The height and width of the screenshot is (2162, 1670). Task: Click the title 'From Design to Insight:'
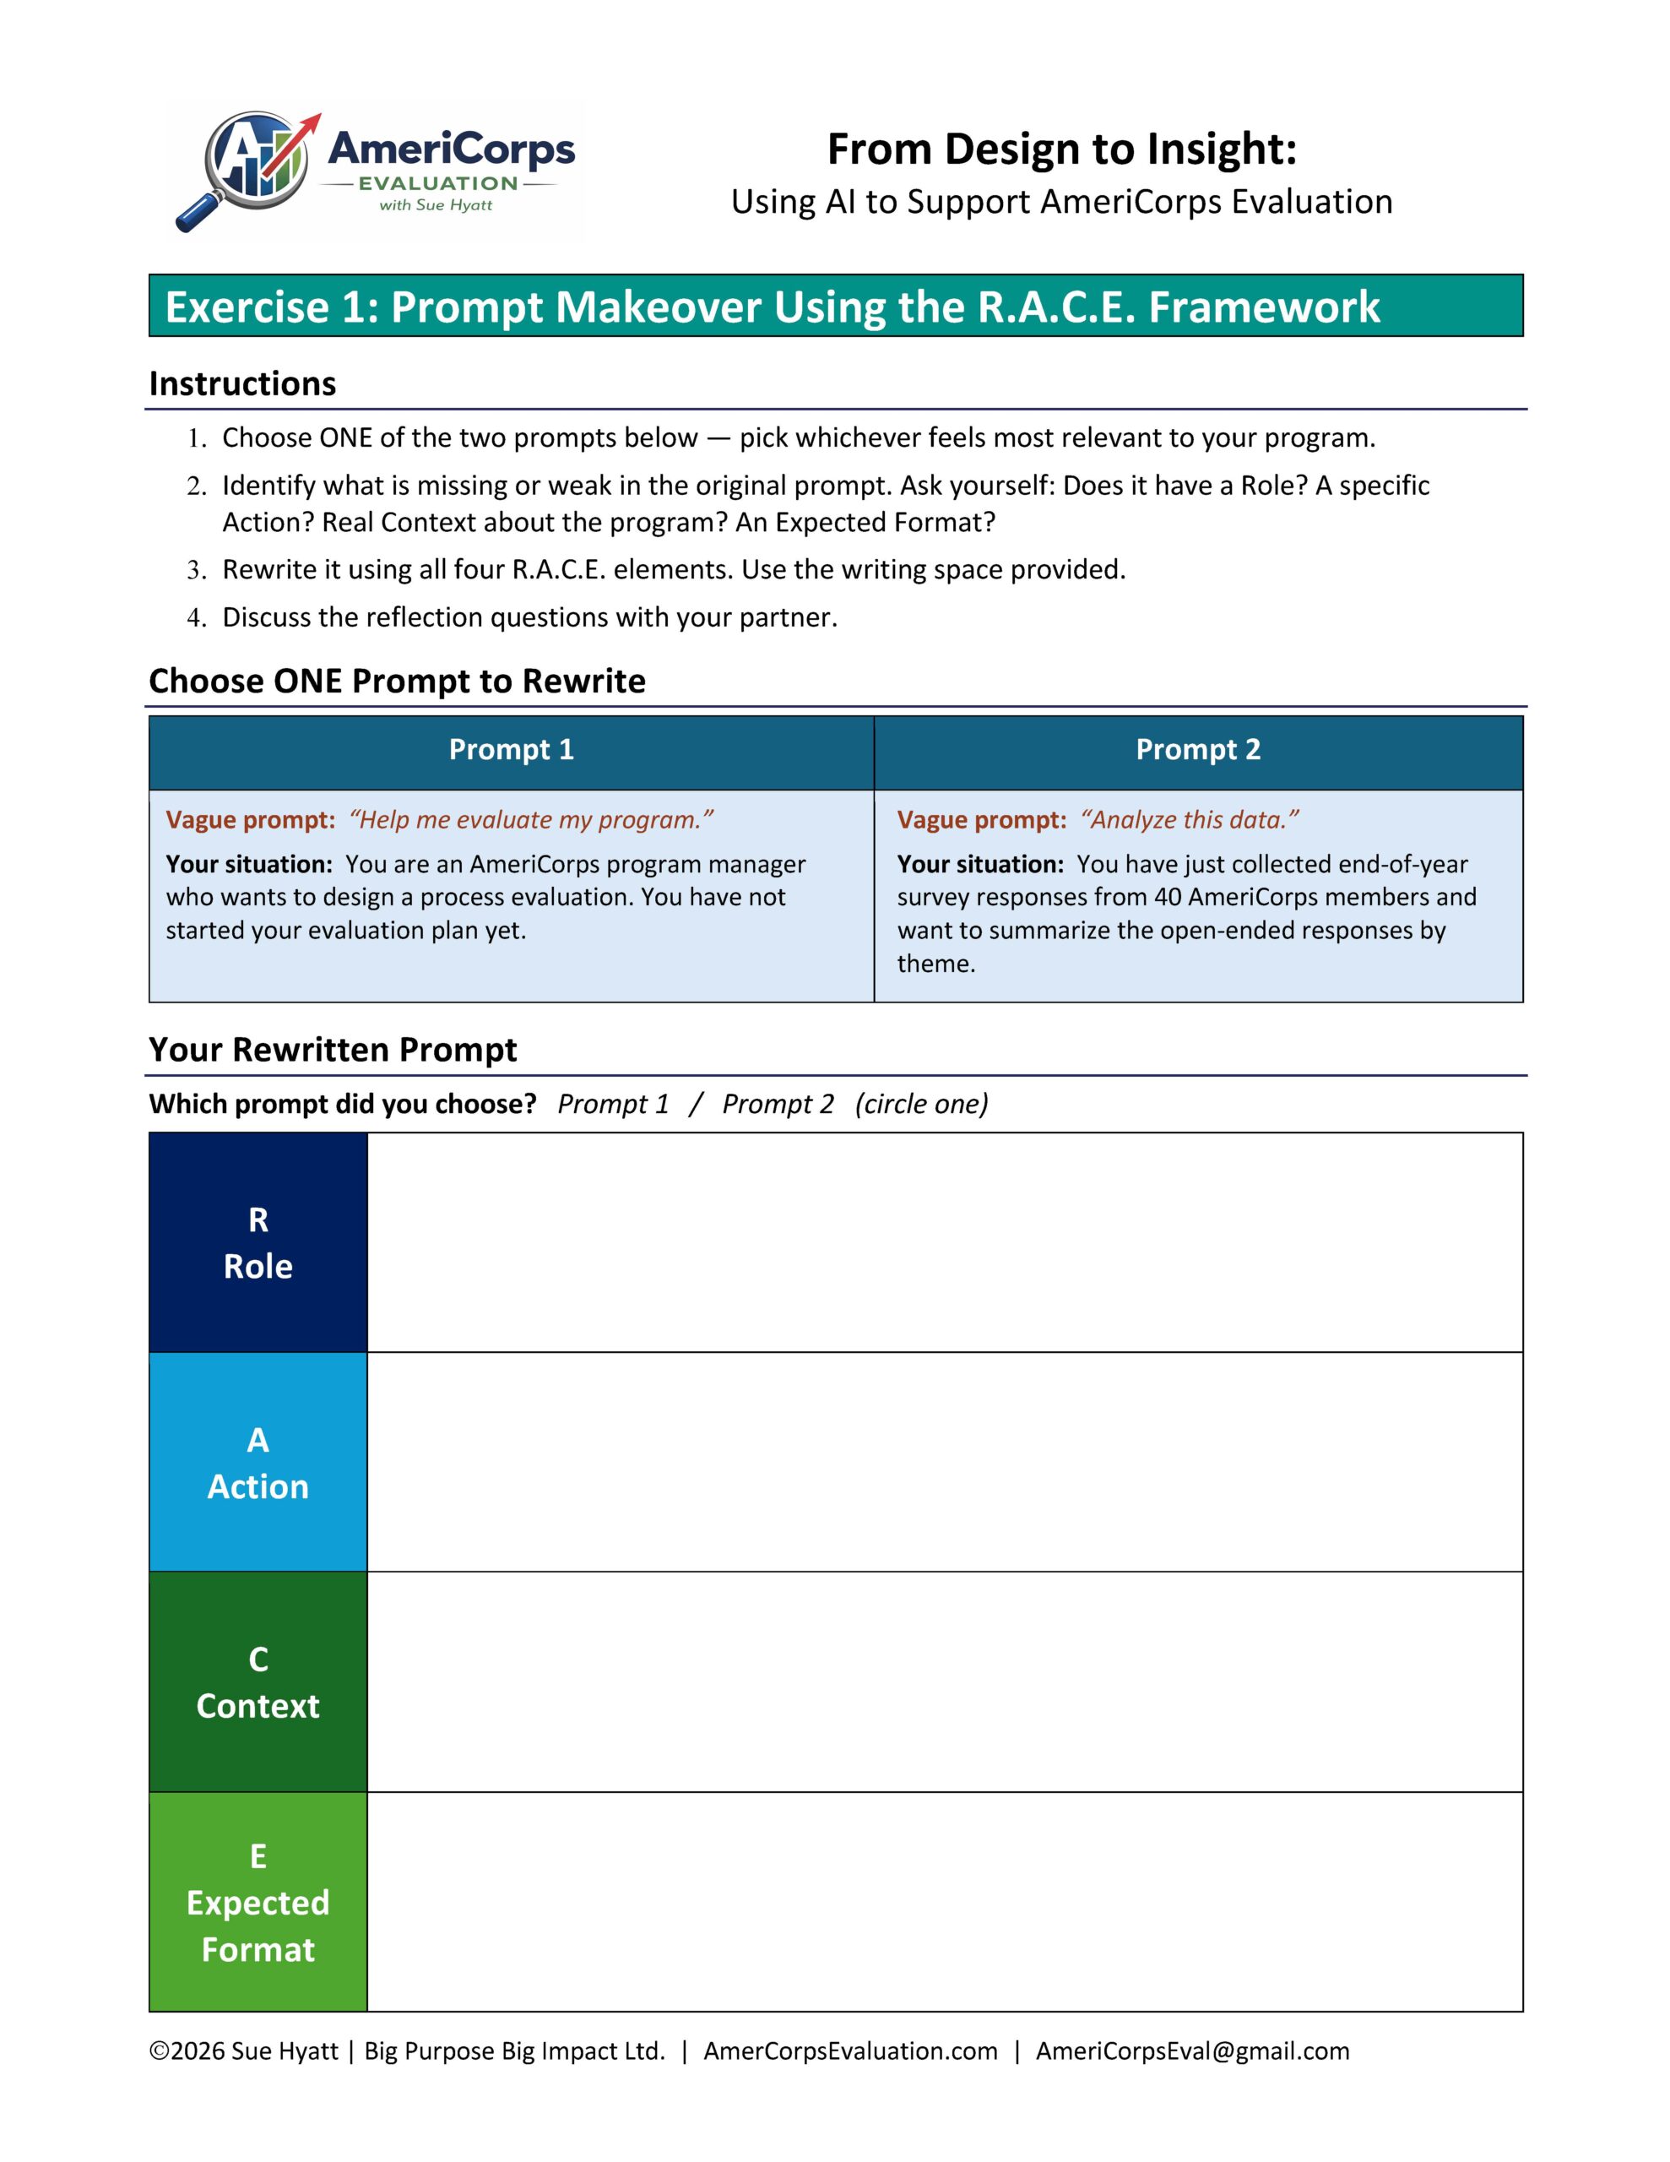(x=1061, y=149)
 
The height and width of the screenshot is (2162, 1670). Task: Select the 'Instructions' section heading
(x=242, y=383)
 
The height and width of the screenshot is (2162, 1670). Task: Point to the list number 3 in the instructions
(x=196, y=570)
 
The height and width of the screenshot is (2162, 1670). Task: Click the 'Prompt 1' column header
(x=511, y=749)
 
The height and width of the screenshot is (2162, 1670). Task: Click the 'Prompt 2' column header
(x=1198, y=749)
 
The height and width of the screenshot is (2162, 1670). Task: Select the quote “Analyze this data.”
(x=1190, y=820)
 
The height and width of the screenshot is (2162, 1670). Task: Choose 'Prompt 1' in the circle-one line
(x=613, y=1104)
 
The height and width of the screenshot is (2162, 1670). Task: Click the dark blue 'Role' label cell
(x=258, y=1242)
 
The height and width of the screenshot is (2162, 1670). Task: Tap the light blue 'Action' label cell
(x=258, y=1462)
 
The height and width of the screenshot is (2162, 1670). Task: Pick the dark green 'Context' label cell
(x=258, y=1682)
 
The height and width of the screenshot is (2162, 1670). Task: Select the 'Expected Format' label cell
(x=258, y=1902)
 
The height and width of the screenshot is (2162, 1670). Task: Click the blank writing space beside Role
(x=945, y=1242)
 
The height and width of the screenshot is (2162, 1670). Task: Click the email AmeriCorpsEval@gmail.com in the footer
(x=1192, y=2051)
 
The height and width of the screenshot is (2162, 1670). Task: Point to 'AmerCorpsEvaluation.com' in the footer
(x=850, y=2051)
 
